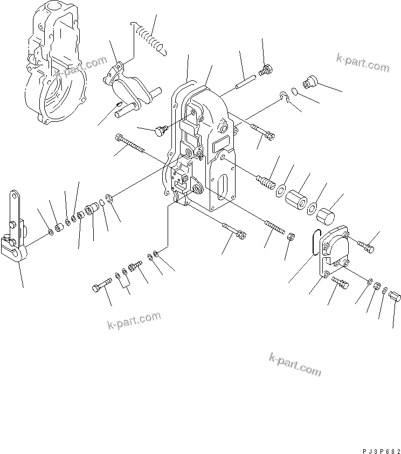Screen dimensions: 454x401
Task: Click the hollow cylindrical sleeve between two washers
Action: click(296, 198)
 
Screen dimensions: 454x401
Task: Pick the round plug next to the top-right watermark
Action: click(310, 82)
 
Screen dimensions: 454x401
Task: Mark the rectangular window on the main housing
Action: click(222, 144)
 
